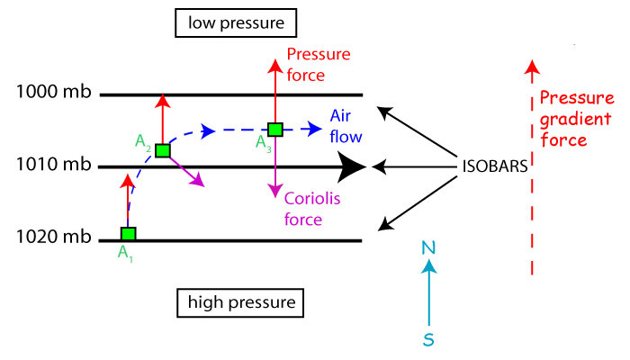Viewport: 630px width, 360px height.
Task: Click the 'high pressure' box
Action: point(241,301)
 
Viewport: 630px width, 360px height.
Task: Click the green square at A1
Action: point(129,234)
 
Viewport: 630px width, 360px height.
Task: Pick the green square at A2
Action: point(162,150)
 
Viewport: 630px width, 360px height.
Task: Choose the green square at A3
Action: point(275,130)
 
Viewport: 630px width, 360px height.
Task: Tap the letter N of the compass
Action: point(430,247)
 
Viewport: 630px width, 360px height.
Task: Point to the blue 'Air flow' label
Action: point(346,127)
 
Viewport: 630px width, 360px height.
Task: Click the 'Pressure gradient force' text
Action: point(569,120)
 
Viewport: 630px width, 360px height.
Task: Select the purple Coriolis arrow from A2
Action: point(186,170)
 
